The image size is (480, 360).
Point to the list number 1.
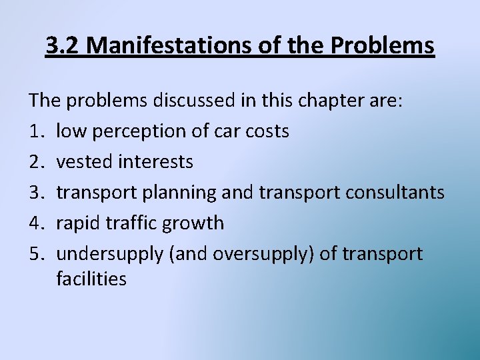36,131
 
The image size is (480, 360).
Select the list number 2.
36,162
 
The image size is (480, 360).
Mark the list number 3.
36,193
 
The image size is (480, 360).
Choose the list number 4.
36,223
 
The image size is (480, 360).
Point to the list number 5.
36,254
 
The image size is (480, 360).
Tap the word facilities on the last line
91,279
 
